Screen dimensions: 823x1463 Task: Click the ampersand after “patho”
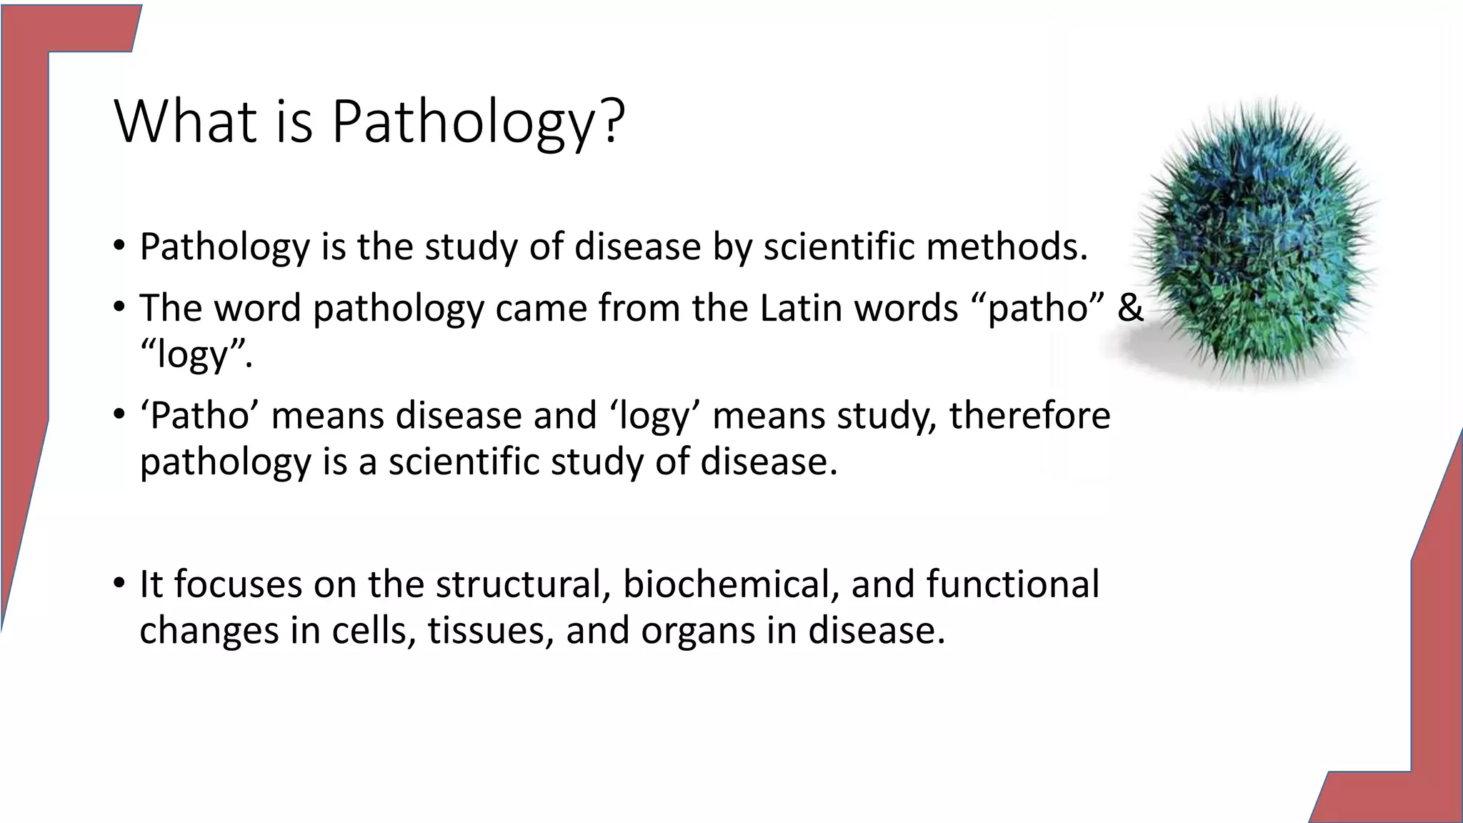click(x=1129, y=308)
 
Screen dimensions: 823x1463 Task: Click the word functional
click(x=1012, y=584)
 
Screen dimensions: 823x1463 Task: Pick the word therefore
click(x=1029, y=415)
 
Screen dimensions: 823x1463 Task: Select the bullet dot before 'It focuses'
click(x=119, y=584)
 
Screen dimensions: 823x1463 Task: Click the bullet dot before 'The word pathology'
click(x=119, y=308)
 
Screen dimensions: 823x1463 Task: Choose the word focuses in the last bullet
click(x=239, y=584)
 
